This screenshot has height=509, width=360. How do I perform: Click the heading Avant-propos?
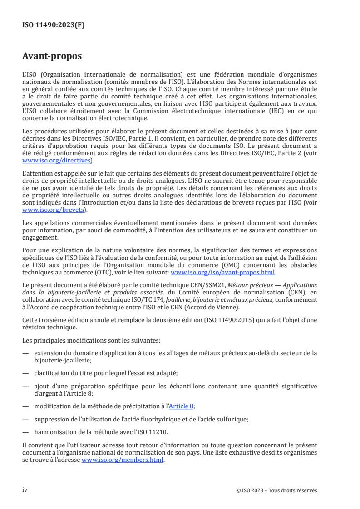[52, 57]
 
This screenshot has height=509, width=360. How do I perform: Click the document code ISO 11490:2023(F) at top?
[53, 25]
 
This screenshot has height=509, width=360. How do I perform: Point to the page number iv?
[25, 490]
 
